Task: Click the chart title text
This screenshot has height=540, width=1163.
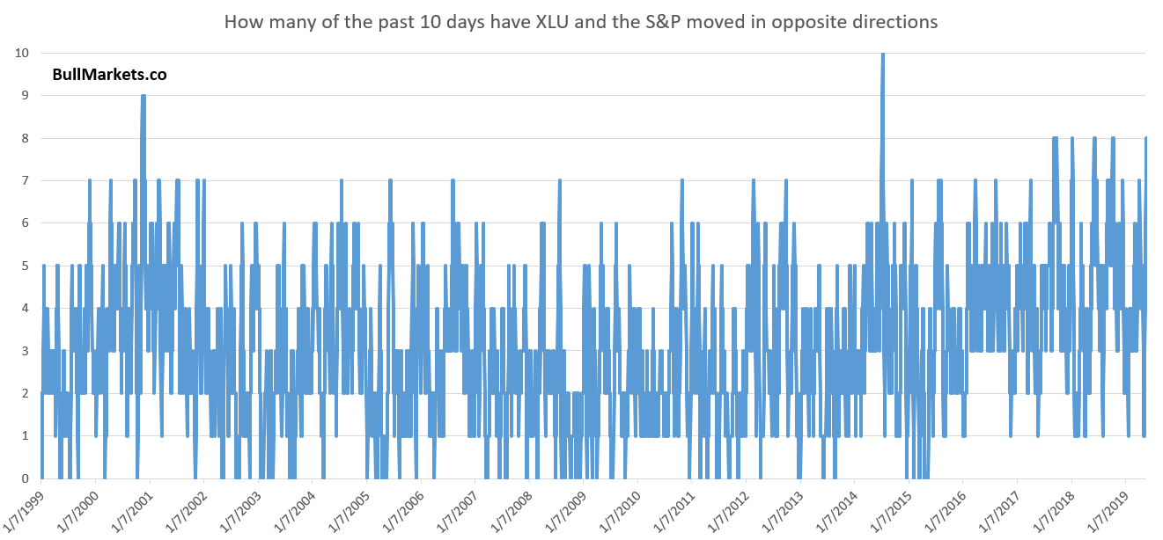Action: (x=581, y=22)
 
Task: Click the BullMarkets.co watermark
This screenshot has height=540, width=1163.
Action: (x=109, y=75)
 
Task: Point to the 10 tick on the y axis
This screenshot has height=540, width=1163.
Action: (x=22, y=53)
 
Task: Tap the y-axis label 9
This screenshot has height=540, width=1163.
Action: (x=25, y=96)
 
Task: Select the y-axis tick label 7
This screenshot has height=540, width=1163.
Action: (x=25, y=180)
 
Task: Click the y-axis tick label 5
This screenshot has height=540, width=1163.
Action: (x=25, y=266)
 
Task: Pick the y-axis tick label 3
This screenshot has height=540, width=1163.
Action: (x=25, y=351)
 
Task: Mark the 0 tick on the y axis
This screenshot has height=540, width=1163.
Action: (x=25, y=478)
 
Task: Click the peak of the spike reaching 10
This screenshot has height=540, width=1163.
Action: (x=883, y=54)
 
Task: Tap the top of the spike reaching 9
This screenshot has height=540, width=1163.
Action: (x=144, y=96)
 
